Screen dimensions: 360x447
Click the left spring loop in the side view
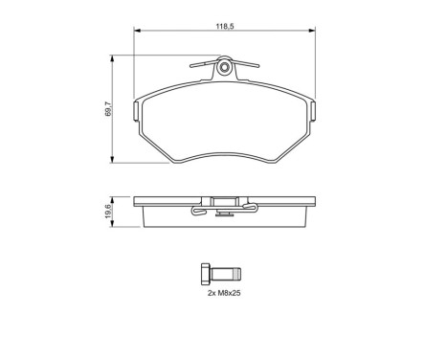[x=197, y=211]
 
